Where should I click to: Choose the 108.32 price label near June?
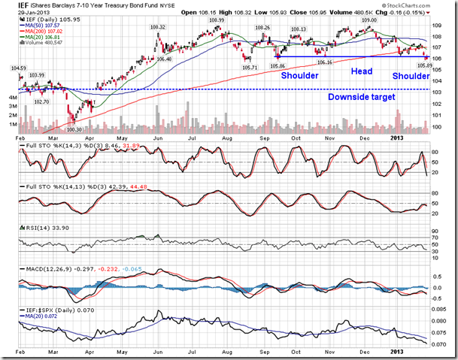(x=157, y=26)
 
